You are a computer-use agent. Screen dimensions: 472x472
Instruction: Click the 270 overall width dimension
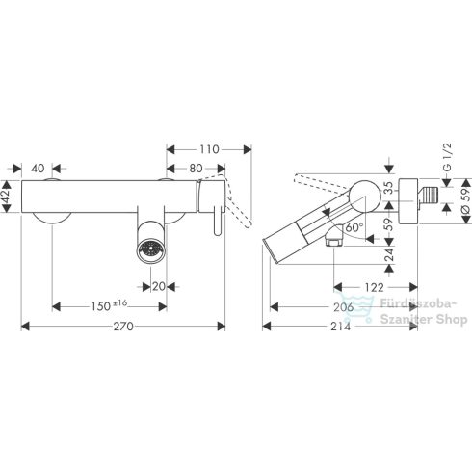point(123,327)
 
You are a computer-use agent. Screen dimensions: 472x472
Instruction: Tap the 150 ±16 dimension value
point(109,306)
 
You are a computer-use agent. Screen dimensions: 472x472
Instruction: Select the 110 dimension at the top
point(209,149)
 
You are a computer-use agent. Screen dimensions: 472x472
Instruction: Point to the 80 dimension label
point(196,169)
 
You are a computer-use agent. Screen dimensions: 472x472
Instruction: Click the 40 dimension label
point(38,169)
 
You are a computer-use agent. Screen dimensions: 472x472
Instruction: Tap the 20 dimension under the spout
point(159,286)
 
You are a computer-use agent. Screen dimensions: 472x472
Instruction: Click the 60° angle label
point(354,227)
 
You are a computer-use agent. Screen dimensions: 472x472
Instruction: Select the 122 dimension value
point(375,287)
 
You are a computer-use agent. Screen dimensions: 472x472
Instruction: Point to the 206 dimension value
point(344,307)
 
